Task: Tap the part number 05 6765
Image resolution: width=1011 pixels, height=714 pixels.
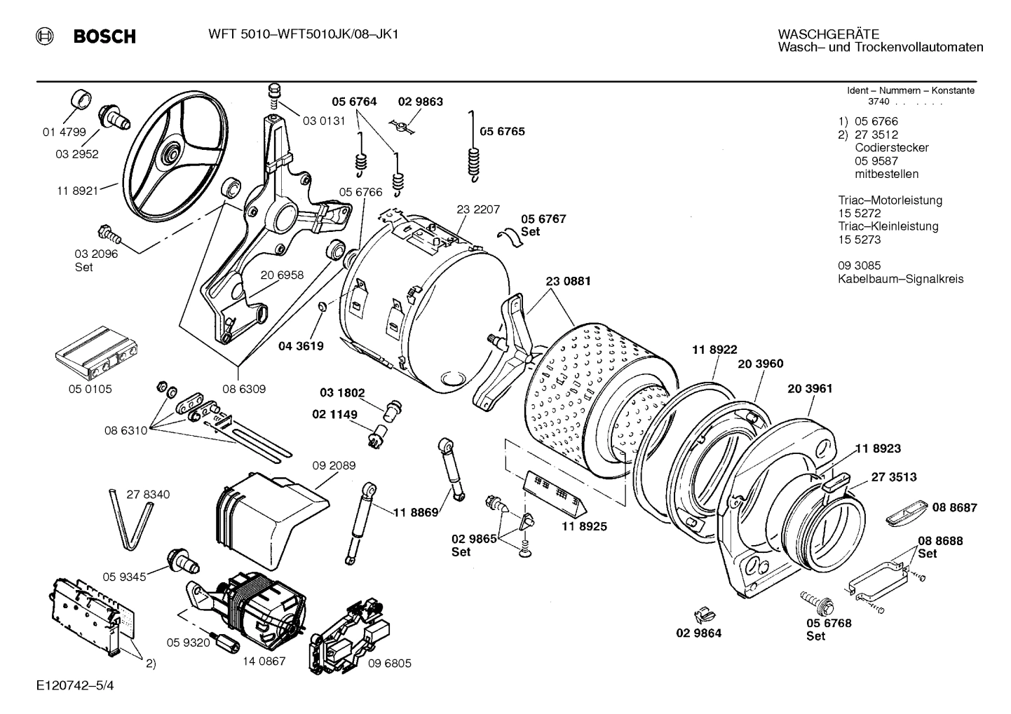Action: pyautogui.click(x=502, y=132)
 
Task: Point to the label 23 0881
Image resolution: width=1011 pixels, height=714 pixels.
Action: pyautogui.click(x=568, y=281)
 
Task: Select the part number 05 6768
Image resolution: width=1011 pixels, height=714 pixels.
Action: pyautogui.click(x=829, y=622)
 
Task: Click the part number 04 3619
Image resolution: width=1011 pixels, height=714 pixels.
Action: pyautogui.click(x=301, y=345)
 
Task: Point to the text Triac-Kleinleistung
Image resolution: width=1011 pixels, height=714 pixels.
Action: pyautogui.click(x=888, y=226)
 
